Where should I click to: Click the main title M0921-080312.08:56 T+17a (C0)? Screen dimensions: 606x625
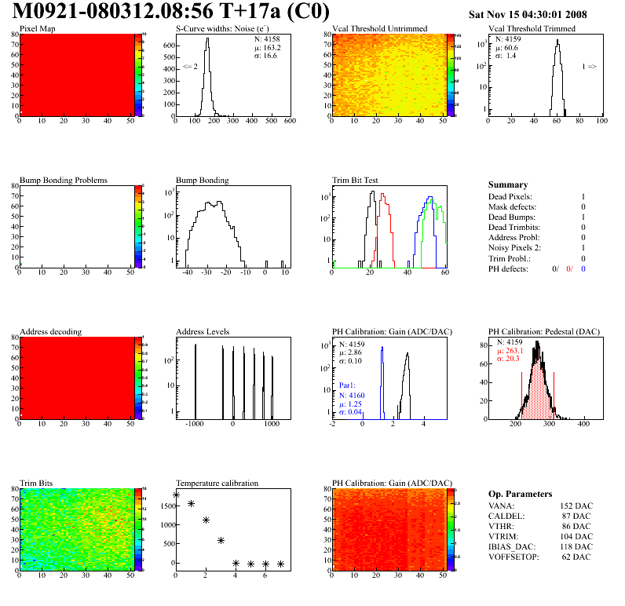171,12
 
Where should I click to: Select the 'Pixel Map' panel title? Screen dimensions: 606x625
37,29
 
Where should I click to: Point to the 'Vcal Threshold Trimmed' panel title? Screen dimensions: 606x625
532,29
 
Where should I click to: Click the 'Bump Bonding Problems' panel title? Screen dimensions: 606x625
64,181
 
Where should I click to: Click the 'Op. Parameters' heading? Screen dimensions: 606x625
520,494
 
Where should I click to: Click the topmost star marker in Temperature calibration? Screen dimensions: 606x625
176,495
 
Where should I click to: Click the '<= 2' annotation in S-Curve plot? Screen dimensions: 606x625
189,67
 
